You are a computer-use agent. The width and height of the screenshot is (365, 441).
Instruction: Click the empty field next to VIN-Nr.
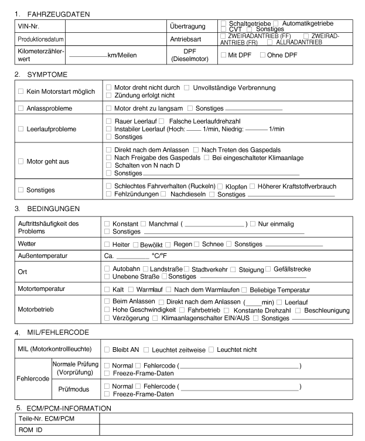115,26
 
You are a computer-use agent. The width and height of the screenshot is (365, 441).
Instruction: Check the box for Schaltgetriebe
223,22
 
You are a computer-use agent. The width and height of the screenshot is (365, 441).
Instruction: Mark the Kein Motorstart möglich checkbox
21,91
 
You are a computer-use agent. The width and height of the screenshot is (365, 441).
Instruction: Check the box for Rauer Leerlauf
108,121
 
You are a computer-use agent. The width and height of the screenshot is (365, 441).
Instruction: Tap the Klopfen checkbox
221,186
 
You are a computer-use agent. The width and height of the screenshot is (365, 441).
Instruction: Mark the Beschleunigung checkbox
298,310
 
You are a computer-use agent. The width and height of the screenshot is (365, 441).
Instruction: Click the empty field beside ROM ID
226,429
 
